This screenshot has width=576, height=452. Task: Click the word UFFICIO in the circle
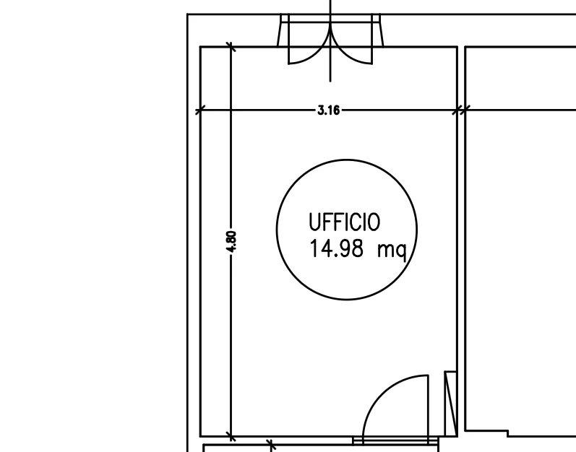coord(344,222)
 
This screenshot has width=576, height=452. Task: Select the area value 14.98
coord(337,248)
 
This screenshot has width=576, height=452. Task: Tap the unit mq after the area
coord(392,251)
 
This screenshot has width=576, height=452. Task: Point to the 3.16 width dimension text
coord(329,110)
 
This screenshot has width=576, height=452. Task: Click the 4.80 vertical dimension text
coord(231,242)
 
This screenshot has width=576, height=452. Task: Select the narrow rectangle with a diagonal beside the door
coord(451,404)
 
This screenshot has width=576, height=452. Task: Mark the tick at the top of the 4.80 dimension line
coord(231,47)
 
